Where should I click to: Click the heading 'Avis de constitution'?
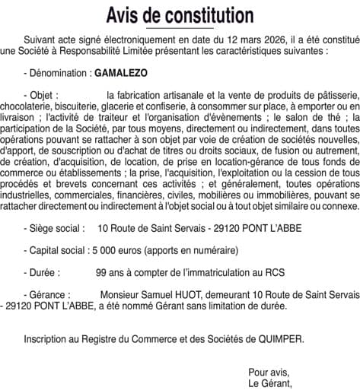(180, 14)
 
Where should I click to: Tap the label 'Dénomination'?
(56, 75)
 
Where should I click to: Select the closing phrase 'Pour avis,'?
(269, 372)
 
